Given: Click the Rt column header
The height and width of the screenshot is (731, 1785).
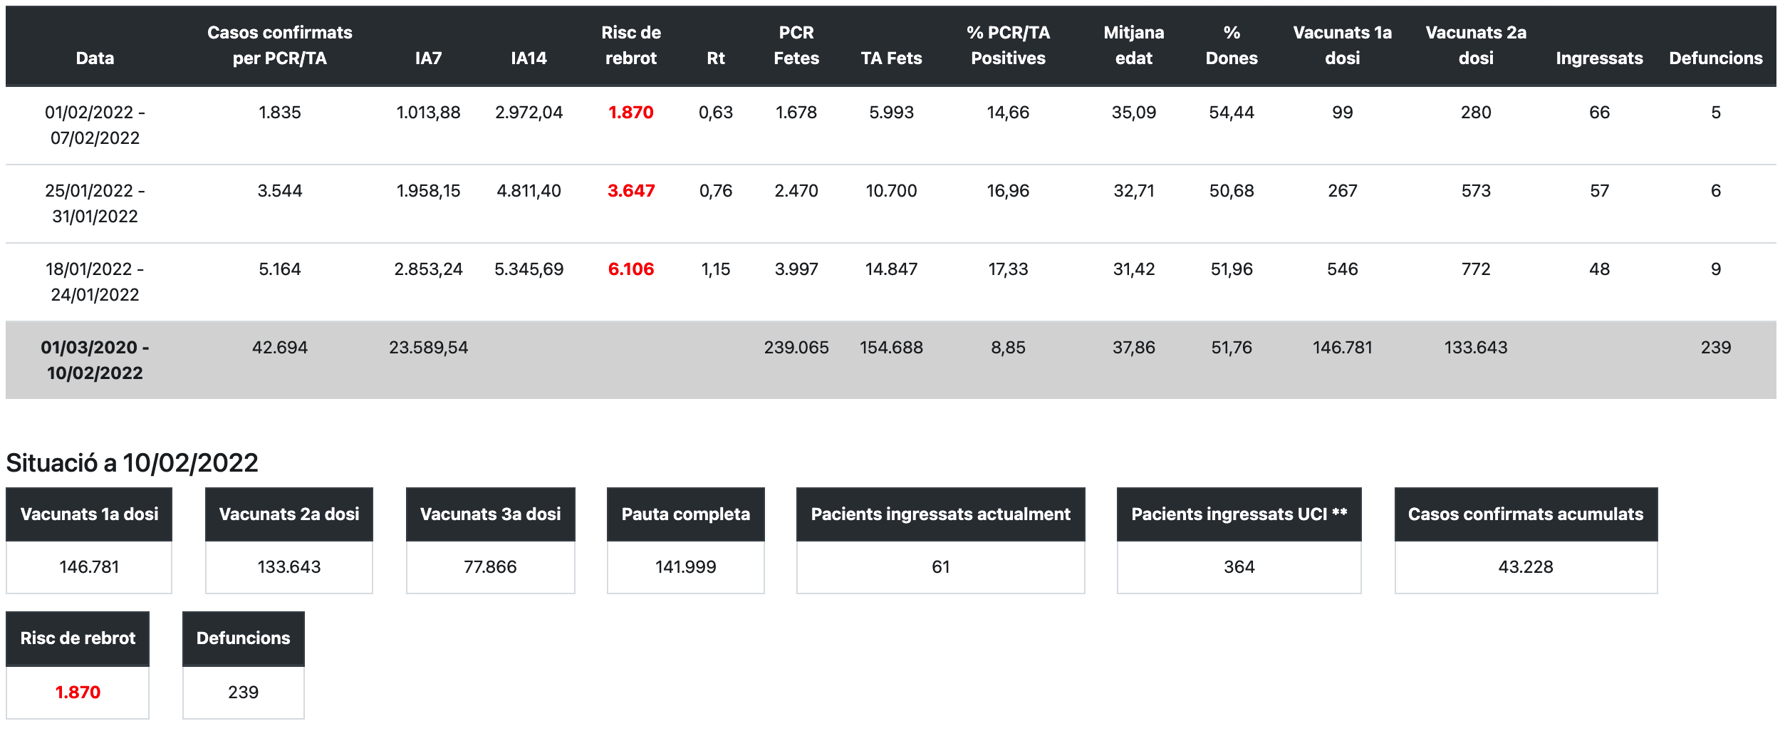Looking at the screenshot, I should (715, 58).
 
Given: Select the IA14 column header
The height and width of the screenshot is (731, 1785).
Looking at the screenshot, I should (529, 58).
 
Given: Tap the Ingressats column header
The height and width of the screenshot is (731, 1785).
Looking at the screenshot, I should (1598, 58).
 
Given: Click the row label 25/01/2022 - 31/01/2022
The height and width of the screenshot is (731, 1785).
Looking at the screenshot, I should (95, 204).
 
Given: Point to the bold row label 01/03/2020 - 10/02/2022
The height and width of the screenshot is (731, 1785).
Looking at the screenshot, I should (95, 360).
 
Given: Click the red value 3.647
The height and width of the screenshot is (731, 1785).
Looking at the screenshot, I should (630, 191).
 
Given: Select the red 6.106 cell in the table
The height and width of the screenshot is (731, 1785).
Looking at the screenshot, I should (630, 269).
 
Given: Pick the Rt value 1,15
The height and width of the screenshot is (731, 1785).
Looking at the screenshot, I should (715, 269).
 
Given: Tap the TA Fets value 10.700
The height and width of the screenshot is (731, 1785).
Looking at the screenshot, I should (891, 191).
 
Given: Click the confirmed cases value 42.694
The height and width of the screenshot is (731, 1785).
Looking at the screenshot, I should (279, 348).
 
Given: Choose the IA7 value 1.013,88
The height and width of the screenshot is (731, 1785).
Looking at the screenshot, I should (428, 113).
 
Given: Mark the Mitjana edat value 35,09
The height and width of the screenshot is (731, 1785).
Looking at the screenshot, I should (1133, 113).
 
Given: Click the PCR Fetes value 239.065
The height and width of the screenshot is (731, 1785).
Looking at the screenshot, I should (796, 348).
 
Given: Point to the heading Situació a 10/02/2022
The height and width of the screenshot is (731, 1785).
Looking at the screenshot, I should (132, 463).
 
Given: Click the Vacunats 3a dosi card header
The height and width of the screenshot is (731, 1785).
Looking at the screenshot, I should (490, 514).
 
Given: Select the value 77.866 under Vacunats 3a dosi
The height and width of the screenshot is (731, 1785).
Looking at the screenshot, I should (490, 567).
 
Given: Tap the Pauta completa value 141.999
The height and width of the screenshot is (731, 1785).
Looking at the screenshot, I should (685, 567).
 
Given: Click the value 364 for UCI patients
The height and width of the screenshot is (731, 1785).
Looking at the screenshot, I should (1239, 567).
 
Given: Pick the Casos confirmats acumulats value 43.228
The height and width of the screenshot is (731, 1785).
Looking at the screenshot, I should (1525, 567).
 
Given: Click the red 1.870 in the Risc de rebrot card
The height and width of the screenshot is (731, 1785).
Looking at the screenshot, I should (78, 693).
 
